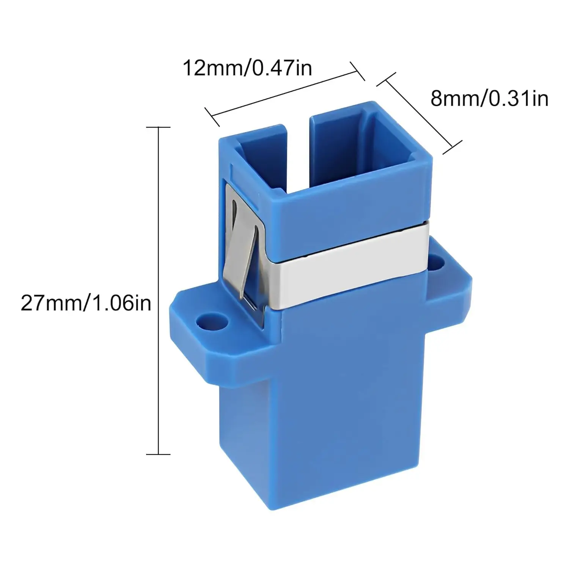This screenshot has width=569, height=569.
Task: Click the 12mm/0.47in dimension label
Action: [247, 68]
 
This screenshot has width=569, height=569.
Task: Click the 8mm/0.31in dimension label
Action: [489, 99]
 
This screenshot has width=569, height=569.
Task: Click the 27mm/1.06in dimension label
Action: [86, 303]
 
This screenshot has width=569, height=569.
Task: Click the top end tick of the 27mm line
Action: [158, 127]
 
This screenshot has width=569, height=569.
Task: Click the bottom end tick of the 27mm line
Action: [158, 454]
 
